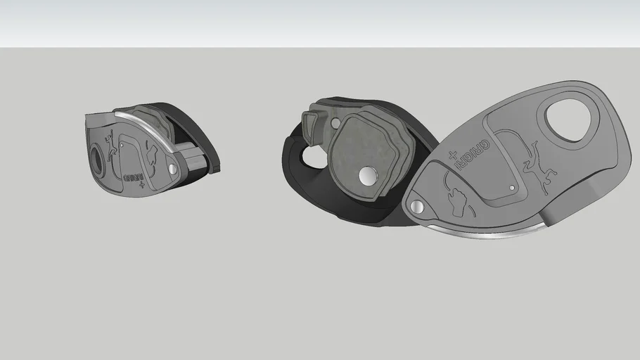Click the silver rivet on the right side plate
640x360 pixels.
click(x=418, y=207)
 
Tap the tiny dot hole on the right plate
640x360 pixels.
click(x=511, y=187)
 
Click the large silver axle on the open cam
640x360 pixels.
click(x=367, y=176)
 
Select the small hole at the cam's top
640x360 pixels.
click(x=335, y=124)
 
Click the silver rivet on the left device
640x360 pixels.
click(x=173, y=169)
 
